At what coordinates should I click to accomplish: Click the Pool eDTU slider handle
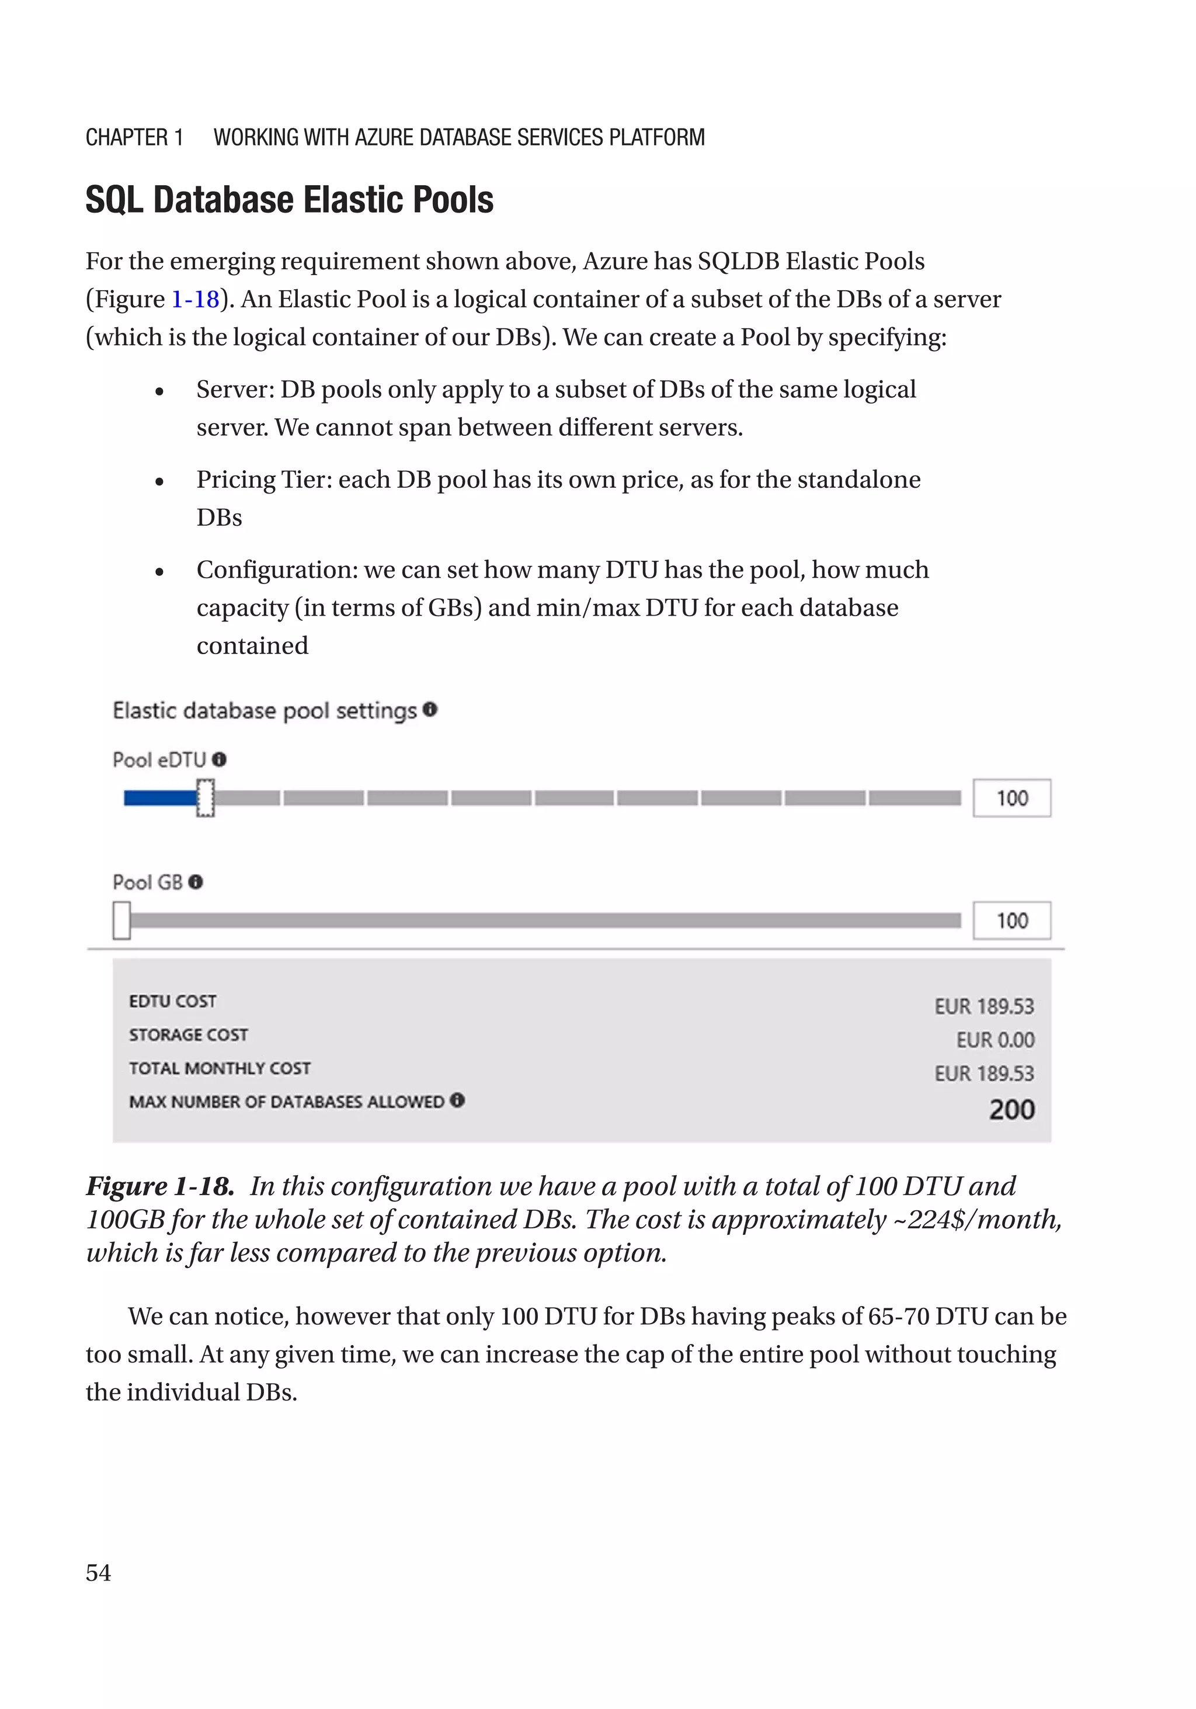tap(206, 798)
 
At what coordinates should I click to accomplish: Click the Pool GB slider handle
tap(121, 920)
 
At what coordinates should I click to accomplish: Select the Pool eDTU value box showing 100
tap(1011, 798)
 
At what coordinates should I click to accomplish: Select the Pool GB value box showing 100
tap(1011, 921)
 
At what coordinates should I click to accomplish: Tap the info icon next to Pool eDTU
tap(219, 759)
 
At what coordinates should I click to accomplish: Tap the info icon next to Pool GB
tap(196, 882)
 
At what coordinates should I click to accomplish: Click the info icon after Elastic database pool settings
tap(430, 709)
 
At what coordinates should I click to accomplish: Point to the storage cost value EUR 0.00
tap(995, 1040)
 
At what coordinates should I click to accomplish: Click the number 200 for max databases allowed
tap(1011, 1110)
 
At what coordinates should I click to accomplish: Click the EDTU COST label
tap(173, 1001)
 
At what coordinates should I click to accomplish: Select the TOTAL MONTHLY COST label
tap(220, 1068)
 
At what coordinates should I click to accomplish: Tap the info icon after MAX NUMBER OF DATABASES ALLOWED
tap(458, 1100)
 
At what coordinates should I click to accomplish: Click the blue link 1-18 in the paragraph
tap(195, 299)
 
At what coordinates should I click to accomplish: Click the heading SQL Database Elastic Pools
tap(290, 200)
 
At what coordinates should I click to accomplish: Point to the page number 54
tap(98, 1573)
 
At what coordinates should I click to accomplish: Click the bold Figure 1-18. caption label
tap(161, 1186)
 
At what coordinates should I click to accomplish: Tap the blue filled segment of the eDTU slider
tap(159, 798)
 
